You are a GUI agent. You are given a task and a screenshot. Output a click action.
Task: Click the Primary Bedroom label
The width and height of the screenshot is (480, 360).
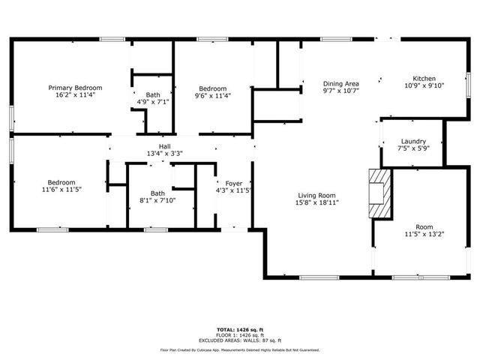[75, 88]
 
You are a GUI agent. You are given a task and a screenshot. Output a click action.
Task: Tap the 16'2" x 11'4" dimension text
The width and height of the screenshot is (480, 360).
[75, 95]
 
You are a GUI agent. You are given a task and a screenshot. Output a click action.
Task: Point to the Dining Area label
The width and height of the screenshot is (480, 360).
[341, 83]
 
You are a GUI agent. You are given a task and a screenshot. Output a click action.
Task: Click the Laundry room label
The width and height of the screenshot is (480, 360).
[413, 141]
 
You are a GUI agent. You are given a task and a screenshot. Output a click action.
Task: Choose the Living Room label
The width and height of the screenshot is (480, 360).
[318, 195]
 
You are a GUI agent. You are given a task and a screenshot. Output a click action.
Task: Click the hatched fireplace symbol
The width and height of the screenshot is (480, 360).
[380, 193]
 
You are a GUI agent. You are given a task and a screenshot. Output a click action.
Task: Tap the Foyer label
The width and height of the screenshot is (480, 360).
[233, 182]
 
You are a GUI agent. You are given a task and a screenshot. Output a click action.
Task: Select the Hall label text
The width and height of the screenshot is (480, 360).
[165, 146]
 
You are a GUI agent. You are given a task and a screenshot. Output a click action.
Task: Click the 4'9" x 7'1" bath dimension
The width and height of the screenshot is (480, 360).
[153, 102]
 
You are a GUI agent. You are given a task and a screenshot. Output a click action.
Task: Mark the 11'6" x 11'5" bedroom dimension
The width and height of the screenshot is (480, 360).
[61, 190]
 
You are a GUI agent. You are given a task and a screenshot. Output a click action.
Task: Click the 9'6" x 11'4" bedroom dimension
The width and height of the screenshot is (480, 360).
[213, 95]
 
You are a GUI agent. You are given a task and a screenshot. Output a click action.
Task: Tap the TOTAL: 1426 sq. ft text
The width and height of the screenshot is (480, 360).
[240, 329]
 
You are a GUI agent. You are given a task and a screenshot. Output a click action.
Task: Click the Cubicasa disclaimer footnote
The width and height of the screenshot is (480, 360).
[240, 349]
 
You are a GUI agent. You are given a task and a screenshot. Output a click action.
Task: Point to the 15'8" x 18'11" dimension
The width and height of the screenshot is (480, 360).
[318, 202]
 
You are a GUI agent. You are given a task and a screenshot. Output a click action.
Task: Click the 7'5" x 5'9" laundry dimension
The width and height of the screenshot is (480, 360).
[413, 148]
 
